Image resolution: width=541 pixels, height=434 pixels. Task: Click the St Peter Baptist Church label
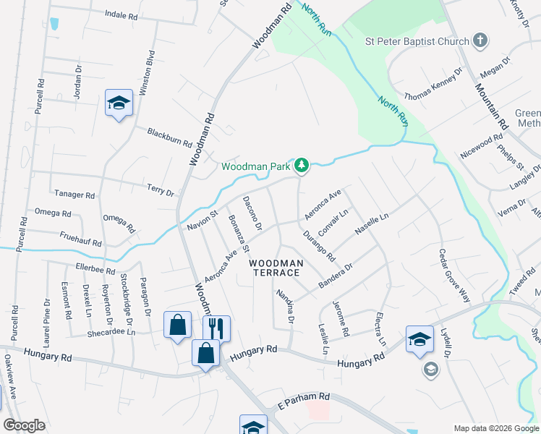point(417,41)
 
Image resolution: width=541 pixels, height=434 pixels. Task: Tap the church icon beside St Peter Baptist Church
point(480,41)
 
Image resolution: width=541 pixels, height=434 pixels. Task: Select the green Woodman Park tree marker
point(302,166)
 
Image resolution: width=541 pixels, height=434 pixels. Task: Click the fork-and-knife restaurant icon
point(216,327)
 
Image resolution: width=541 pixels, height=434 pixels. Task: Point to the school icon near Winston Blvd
point(118,103)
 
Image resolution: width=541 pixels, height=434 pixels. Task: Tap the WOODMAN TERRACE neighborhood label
point(275,268)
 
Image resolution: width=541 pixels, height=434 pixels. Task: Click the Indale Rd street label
point(121,14)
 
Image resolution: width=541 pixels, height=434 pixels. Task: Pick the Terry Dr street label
point(161,190)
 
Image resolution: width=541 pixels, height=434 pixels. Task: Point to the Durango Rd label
point(319,245)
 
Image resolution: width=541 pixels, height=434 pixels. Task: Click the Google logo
point(25,425)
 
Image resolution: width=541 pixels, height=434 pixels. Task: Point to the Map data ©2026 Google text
point(495,427)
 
